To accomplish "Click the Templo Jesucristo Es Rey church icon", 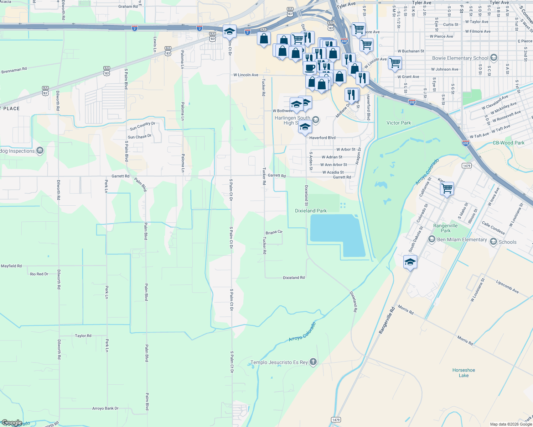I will (313, 362).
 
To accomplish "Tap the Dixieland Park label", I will (311, 211).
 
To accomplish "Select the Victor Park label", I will (399, 123).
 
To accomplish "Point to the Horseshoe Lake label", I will (464, 373).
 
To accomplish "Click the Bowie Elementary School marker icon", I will (493, 58).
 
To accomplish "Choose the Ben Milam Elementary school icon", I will (432, 239).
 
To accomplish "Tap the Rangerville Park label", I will (445, 228).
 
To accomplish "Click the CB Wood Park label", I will (508, 143).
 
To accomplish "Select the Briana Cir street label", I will (274, 232).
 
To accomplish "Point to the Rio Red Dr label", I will (39, 274).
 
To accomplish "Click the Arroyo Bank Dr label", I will (105, 408).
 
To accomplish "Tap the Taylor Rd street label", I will (83, 336).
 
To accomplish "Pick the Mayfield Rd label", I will (11, 266).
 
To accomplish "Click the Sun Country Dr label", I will (143, 126).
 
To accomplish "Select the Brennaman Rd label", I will (14, 70).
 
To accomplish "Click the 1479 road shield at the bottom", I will (336, 420).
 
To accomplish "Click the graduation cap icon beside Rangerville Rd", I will (410, 262).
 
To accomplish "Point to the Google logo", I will (12, 423).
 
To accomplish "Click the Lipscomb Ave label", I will (507, 286).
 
